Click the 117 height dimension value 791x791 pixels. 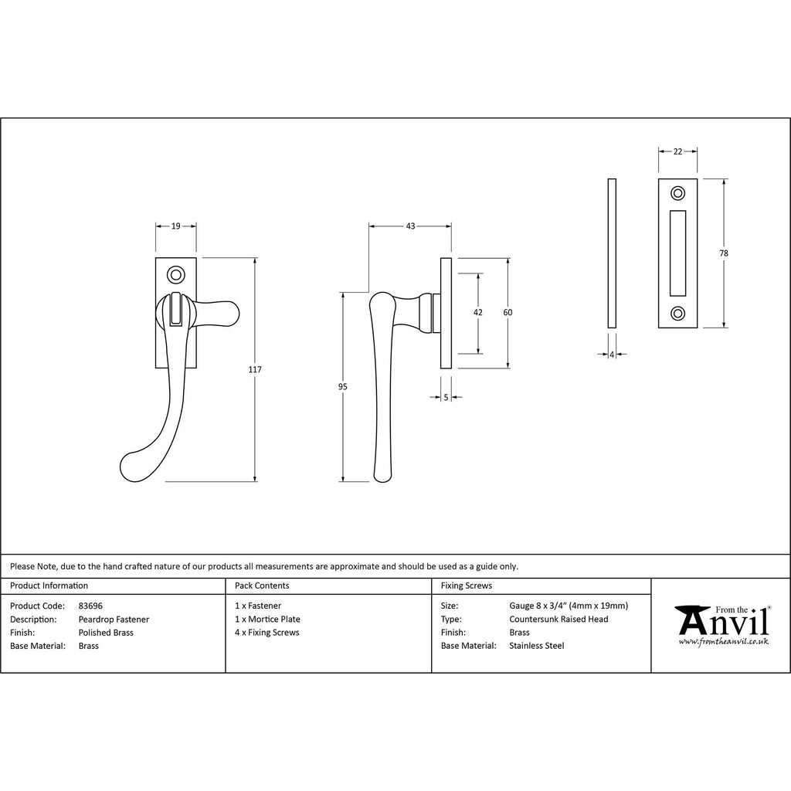(255, 370)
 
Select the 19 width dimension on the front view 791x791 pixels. (175, 226)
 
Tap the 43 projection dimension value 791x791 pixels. (410, 226)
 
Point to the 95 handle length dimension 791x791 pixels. (342, 387)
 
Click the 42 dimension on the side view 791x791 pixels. (477, 313)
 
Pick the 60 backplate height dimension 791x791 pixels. (508, 313)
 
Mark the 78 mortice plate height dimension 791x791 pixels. (724, 253)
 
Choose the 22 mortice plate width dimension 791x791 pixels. (677, 151)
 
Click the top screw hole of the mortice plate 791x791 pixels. (677, 193)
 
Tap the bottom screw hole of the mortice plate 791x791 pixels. (677, 314)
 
